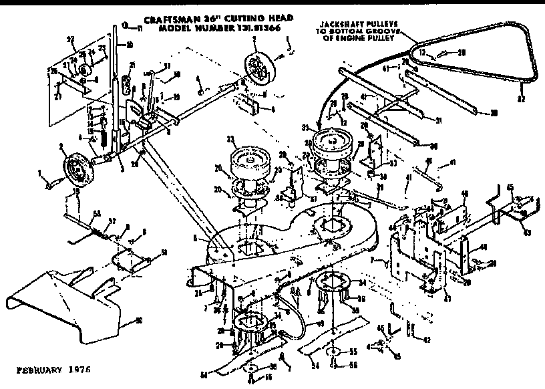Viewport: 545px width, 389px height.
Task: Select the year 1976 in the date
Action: click(x=78, y=369)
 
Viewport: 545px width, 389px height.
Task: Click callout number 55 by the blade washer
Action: click(x=353, y=350)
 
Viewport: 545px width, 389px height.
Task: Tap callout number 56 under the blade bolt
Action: click(x=353, y=366)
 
